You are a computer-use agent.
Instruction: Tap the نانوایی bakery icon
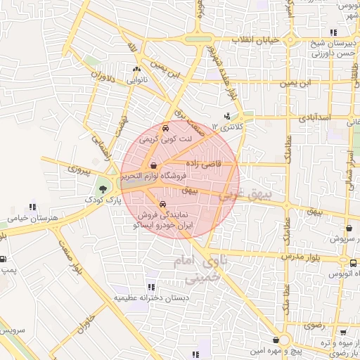[136, 70]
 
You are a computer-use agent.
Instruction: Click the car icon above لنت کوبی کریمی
[165, 129]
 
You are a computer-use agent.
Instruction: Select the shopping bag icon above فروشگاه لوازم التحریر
[154, 166]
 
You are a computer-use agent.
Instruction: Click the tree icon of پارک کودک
[103, 188]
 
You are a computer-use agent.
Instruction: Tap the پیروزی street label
[80, 169]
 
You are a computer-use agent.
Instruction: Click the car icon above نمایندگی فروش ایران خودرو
[163, 205]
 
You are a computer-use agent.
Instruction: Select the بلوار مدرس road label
[301, 257]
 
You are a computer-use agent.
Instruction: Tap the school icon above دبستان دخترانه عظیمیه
[151, 287]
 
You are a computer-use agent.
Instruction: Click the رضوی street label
[311, 327]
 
